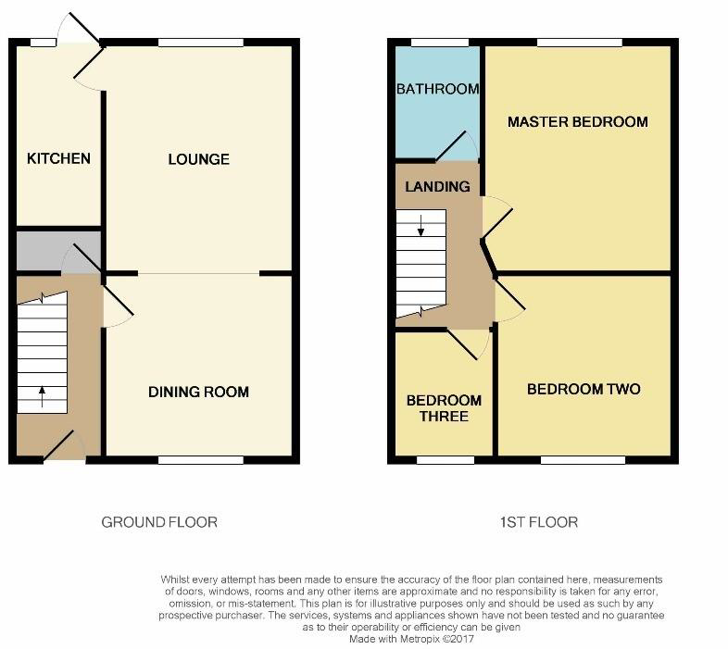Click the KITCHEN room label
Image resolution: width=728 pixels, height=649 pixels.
pyautogui.click(x=58, y=158)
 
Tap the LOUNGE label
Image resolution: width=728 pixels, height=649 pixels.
pyautogui.click(x=199, y=159)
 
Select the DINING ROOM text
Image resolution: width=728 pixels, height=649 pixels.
pyautogui.click(x=199, y=392)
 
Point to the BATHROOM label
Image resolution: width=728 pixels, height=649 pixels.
pyautogui.click(x=437, y=89)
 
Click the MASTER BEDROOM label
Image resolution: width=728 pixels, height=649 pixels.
pyautogui.click(x=578, y=122)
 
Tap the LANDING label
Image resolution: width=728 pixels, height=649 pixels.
pyautogui.click(x=437, y=187)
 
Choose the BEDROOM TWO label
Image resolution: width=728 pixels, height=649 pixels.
pyautogui.click(x=584, y=389)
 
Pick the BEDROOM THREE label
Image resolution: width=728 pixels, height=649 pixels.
pyautogui.click(x=444, y=408)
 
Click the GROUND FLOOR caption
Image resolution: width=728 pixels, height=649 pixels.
pyautogui.click(x=159, y=522)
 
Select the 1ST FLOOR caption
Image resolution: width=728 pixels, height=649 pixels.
pyautogui.click(x=539, y=522)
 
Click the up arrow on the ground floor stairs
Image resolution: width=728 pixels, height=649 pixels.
pyautogui.click(x=43, y=396)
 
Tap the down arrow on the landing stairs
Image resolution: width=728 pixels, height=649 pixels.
pyautogui.click(x=420, y=226)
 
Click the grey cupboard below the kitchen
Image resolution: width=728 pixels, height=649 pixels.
pyautogui.click(x=58, y=251)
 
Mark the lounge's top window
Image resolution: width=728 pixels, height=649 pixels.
pyautogui.click(x=201, y=43)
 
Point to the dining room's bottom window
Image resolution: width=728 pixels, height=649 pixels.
pyautogui.click(x=201, y=460)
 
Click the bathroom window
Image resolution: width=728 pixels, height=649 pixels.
pyautogui.click(x=440, y=43)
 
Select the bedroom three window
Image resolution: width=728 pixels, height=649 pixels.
pyautogui.click(x=446, y=460)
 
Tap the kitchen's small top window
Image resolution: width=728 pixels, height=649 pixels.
pyautogui.click(x=44, y=43)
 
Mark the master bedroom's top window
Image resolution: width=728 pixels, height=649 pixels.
pyautogui.click(x=580, y=43)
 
